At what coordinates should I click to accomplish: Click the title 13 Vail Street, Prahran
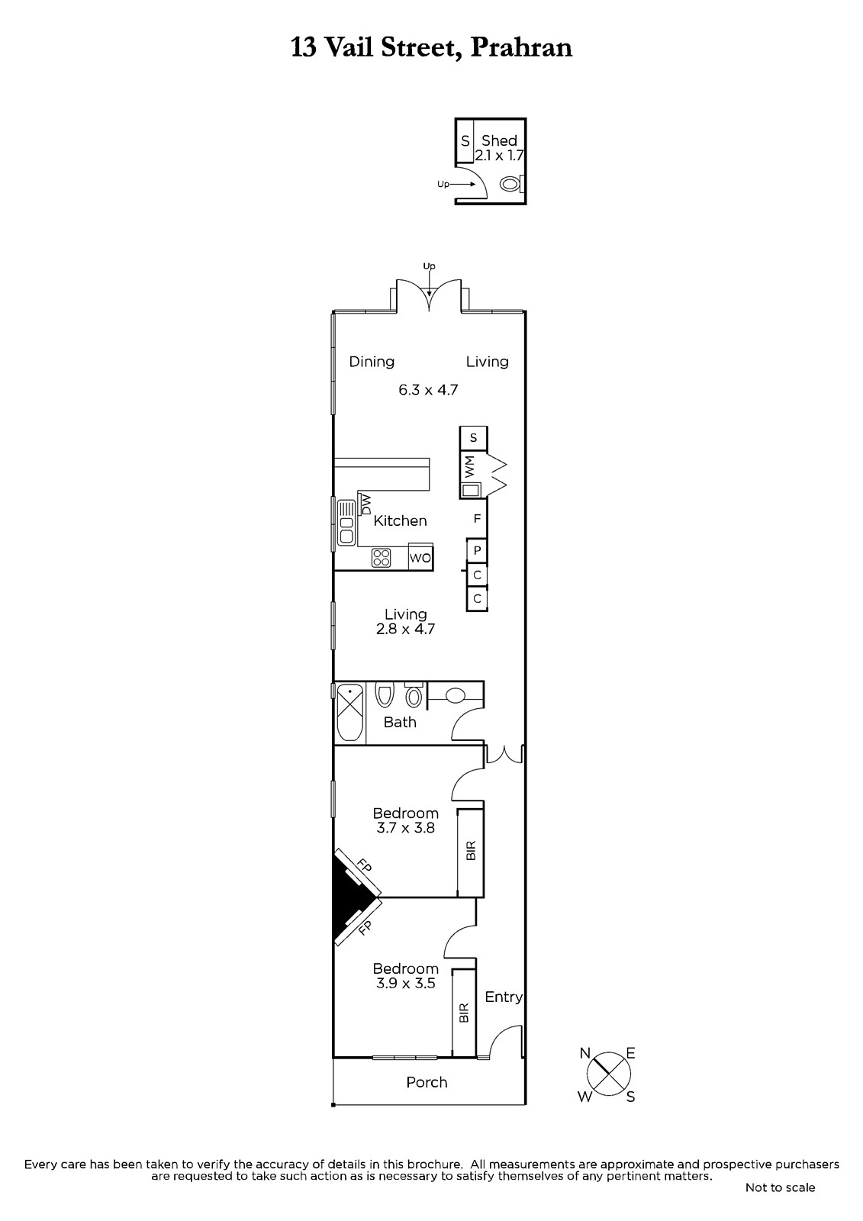click(x=431, y=48)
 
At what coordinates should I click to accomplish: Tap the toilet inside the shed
click(x=512, y=184)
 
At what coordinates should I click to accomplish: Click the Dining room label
click(x=372, y=362)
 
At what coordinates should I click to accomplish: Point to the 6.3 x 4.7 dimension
click(x=428, y=390)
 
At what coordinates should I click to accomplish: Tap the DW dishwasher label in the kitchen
click(x=365, y=504)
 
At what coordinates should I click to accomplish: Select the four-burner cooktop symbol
click(x=381, y=558)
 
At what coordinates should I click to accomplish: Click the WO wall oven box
click(x=420, y=557)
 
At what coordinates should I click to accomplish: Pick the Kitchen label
click(x=400, y=520)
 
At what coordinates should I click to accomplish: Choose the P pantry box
click(x=477, y=550)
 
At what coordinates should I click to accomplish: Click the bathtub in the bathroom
click(x=350, y=713)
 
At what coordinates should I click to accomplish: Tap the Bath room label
click(x=400, y=722)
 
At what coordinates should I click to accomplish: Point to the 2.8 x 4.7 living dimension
click(x=406, y=629)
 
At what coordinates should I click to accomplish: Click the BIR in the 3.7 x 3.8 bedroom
click(x=471, y=850)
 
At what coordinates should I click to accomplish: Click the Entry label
click(x=504, y=997)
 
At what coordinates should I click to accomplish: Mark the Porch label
click(x=427, y=1083)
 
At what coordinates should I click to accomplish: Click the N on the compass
click(x=585, y=1053)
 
